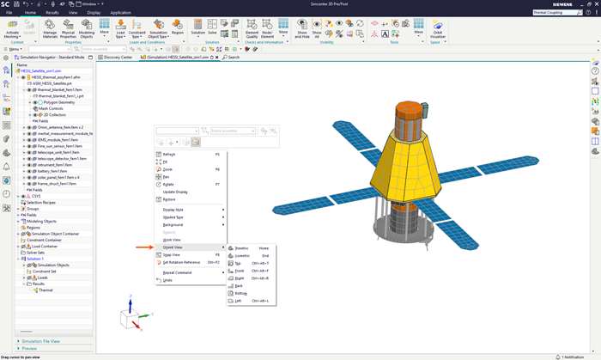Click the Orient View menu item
pos(173,247)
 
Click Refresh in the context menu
pos(169,155)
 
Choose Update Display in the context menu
pos(175,192)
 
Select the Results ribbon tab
pos(52,13)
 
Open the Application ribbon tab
pos(120,13)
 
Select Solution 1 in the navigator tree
pos(35,259)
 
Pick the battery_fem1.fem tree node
pos(54,171)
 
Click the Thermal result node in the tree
pos(46,290)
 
